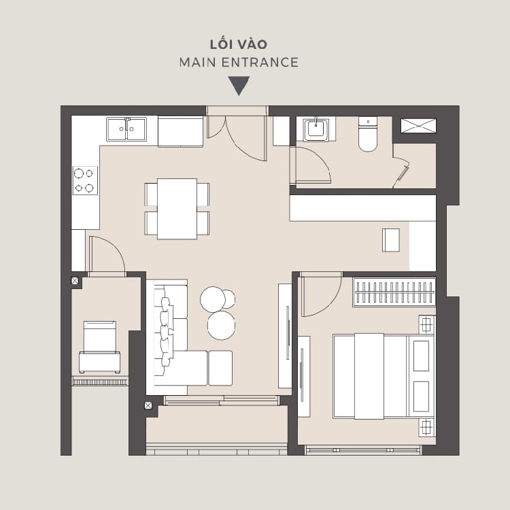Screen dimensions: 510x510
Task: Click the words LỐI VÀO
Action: click(x=239, y=44)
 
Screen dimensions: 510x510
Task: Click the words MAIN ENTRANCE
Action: click(x=239, y=63)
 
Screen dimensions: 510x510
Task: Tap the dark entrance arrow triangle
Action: click(x=239, y=86)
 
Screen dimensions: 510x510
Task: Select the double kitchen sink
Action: click(x=126, y=129)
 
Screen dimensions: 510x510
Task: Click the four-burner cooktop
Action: click(x=85, y=180)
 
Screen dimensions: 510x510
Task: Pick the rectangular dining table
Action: click(x=177, y=209)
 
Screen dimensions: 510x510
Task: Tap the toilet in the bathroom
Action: click(x=368, y=134)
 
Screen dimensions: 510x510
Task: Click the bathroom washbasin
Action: click(x=316, y=129)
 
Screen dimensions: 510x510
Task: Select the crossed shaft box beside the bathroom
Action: click(x=418, y=126)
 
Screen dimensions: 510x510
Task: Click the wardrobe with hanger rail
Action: click(x=394, y=292)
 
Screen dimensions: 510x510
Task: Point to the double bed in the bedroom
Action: click(x=384, y=375)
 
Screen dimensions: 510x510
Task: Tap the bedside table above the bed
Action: click(x=427, y=324)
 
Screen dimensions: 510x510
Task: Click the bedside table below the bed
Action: click(x=426, y=428)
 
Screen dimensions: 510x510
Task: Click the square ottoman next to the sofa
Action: click(x=220, y=368)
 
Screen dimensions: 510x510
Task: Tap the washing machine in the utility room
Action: click(x=99, y=347)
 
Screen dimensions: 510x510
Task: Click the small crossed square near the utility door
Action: click(x=75, y=281)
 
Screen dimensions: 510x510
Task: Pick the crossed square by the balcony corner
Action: click(x=148, y=405)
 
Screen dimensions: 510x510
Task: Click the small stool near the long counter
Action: click(x=391, y=240)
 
